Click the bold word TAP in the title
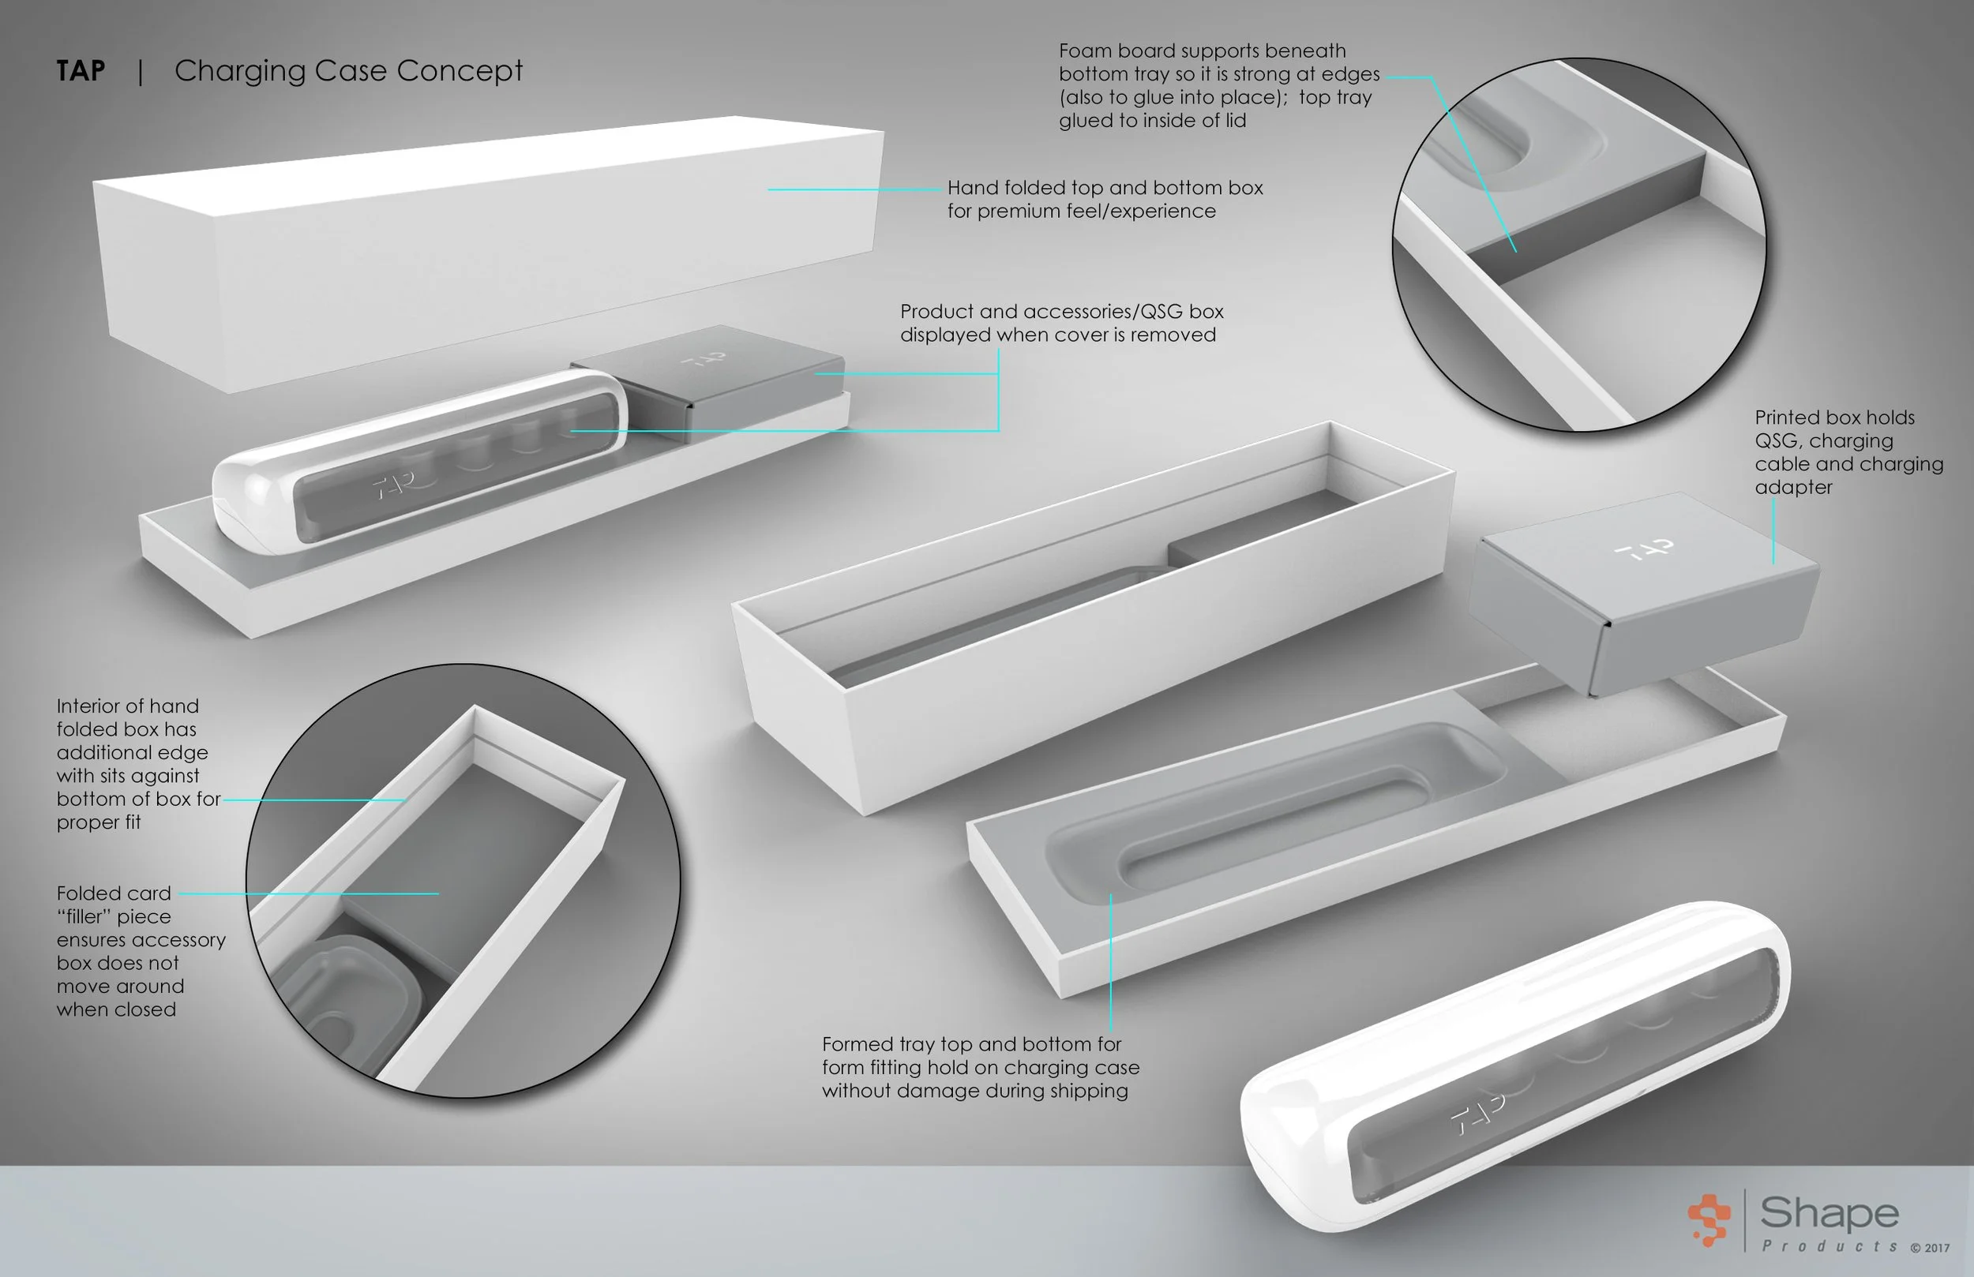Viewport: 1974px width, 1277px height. pos(81,70)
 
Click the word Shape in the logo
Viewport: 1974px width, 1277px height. pos(1829,1212)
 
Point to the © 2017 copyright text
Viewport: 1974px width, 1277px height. pos(1930,1248)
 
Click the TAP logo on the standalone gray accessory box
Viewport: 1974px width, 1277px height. pos(1644,550)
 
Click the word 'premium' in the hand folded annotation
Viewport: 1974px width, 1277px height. pos(1018,212)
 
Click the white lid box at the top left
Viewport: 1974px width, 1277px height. pos(490,249)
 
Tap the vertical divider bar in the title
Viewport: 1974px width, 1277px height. pos(141,71)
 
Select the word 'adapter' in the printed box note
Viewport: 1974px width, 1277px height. pos(1793,488)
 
